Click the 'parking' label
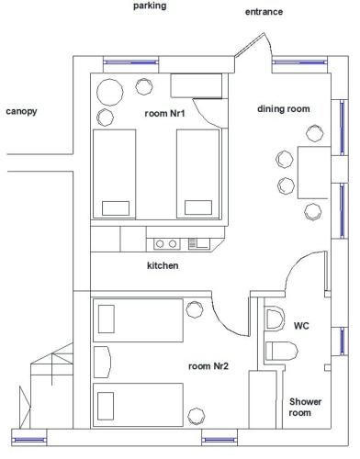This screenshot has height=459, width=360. pos(150,6)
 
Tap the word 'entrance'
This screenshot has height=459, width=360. pos(264,12)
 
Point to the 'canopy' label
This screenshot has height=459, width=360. pos(21,111)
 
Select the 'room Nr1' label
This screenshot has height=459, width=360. pos(164,114)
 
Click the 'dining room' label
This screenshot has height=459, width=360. pos(284,109)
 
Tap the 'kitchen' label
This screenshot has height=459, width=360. pos(163,265)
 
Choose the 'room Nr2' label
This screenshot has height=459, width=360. pos(208,366)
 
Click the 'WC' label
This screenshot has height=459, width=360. pos(301,326)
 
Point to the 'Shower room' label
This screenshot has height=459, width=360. pos(305,408)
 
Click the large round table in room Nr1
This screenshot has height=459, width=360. pos(110,93)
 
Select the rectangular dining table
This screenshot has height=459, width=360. pos(314,173)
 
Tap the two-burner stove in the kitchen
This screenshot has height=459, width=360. pos(166,244)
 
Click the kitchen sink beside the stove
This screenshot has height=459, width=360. pos(199,243)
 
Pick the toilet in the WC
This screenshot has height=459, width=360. pos(282,351)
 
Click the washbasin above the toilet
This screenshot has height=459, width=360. pos(275,319)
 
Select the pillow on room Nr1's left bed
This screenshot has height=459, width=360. pos(116,208)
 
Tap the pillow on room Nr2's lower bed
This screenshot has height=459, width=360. pos(106,406)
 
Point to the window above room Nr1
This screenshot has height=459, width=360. pos(131,62)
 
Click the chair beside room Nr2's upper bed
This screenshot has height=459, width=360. pos(195,309)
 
